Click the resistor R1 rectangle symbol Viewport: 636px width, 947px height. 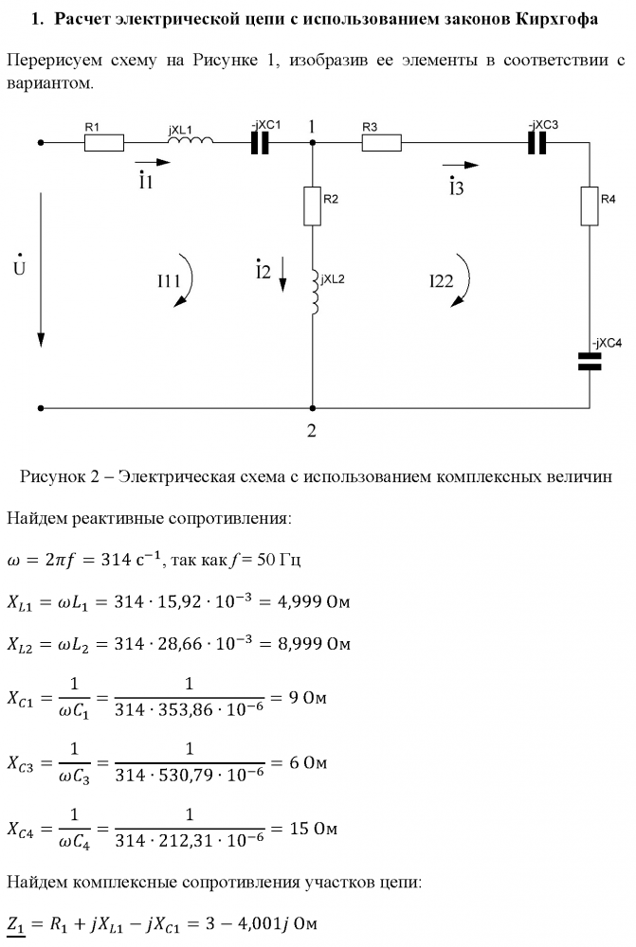click(104, 143)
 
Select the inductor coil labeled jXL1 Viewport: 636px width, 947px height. click(191, 140)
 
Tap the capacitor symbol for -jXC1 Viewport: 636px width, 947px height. click(260, 143)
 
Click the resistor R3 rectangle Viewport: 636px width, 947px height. click(381, 143)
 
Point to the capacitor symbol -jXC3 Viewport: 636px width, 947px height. click(537, 143)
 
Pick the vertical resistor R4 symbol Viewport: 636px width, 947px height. click(590, 205)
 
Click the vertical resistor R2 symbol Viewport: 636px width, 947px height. click(312, 205)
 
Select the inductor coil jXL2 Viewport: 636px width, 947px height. click(315, 292)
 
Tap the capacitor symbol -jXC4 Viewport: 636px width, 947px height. click(590, 361)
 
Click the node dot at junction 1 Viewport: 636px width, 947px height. click(312, 143)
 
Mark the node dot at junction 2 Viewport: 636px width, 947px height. click(312, 408)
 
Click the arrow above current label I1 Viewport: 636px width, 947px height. click(153, 162)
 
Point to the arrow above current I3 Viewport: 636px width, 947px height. click(461, 165)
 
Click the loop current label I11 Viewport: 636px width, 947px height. click(169, 281)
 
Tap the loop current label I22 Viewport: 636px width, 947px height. click(442, 281)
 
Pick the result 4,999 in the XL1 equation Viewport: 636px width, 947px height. click(300, 602)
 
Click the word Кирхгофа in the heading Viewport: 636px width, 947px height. click(556, 19)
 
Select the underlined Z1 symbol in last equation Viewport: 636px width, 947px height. click(16, 924)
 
